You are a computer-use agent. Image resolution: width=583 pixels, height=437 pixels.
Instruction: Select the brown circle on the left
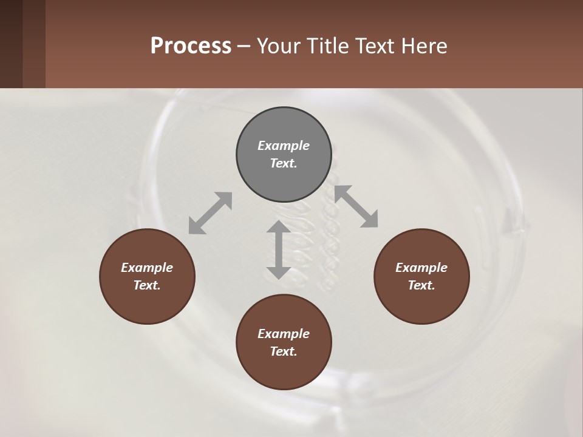(x=147, y=276)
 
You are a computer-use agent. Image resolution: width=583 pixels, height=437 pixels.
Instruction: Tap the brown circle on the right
(x=421, y=276)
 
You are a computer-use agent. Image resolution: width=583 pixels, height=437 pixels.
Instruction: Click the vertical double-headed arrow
(x=279, y=249)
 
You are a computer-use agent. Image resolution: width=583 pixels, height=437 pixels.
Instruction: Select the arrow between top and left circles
(x=210, y=213)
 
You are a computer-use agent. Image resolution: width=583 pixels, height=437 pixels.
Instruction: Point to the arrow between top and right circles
(x=356, y=206)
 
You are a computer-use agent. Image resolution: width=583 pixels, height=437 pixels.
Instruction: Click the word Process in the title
(x=191, y=46)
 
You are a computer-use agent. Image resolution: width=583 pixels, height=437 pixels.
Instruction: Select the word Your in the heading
(x=277, y=46)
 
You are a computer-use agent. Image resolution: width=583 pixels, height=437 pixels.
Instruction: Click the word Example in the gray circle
(x=284, y=146)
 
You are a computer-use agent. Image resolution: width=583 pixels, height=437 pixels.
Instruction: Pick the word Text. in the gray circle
(x=284, y=163)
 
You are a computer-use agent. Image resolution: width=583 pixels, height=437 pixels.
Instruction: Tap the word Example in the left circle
(x=147, y=268)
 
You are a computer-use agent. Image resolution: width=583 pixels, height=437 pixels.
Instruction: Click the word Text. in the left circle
(x=147, y=285)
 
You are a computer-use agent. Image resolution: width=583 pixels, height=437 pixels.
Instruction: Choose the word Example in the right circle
(x=421, y=268)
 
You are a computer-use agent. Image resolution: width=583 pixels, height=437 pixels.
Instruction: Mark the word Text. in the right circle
(x=421, y=285)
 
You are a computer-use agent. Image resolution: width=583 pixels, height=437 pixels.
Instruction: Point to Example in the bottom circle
(x=284, y=334)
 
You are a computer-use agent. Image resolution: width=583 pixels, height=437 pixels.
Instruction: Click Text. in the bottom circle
(x=284, y=351)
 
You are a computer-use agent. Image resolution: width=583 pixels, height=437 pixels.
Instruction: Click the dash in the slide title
(x=244, y=46)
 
